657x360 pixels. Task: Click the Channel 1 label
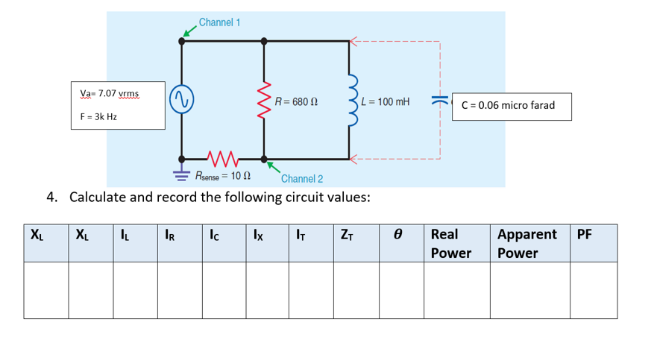pyautogui.click(x=219, y=22)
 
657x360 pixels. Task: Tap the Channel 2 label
pyautogui.click(x=302, y=179)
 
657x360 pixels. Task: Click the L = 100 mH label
pyautogui.click(x=386, y=101)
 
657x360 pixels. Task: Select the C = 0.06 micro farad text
pyautogui.click(x=508, y=105)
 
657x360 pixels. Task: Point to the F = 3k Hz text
pyautogui.click(x=98, y=116)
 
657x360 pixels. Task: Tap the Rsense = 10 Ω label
pyautogui.click(x=222, y=177)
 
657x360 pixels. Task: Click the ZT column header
pyautogui.click(x=346, y=236)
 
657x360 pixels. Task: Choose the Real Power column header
pyautogui.click(x=452, y=244)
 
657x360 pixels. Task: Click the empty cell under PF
pyautogui.click(x=594, y=290)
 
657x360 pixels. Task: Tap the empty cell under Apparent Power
pyautogui.click(x=529, y=290)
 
